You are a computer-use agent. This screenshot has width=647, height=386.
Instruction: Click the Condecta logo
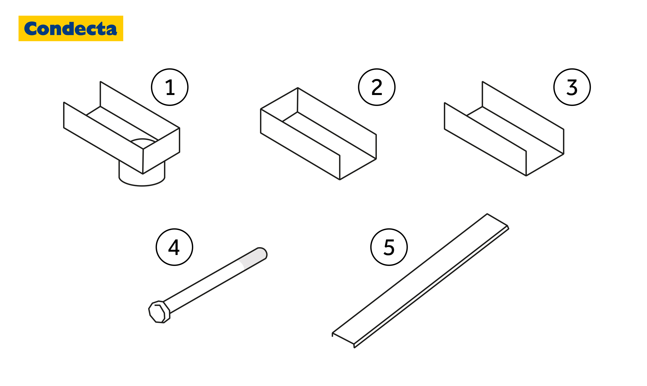click(x=71, y=28)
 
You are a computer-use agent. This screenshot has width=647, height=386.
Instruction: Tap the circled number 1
click(x=170, y=87)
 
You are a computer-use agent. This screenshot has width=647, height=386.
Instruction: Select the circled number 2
click(x=377, y=87)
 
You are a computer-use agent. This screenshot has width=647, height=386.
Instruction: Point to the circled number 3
click(x=572, y=87)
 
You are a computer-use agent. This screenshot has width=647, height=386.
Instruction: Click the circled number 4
click(x=174, y=247)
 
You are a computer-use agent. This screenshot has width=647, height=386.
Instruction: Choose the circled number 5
click(x=389, y=247)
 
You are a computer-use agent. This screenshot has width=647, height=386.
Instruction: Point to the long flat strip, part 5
click(x=420, y=281)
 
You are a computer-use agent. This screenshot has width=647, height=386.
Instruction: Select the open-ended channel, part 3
click(x=504, y=129)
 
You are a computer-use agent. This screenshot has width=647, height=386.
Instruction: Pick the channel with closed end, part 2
click(x=318, y=134)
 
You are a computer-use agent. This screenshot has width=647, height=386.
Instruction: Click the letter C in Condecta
click(x=31, y=28)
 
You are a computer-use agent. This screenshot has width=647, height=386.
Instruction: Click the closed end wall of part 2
click(x=279, y=105)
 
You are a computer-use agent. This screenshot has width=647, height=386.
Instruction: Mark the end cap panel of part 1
click(x=161, y=151)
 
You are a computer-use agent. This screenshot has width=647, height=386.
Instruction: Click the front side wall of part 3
click(x=485, y=139)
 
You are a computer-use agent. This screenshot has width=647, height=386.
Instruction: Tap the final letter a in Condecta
click(x=112, y=29)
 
